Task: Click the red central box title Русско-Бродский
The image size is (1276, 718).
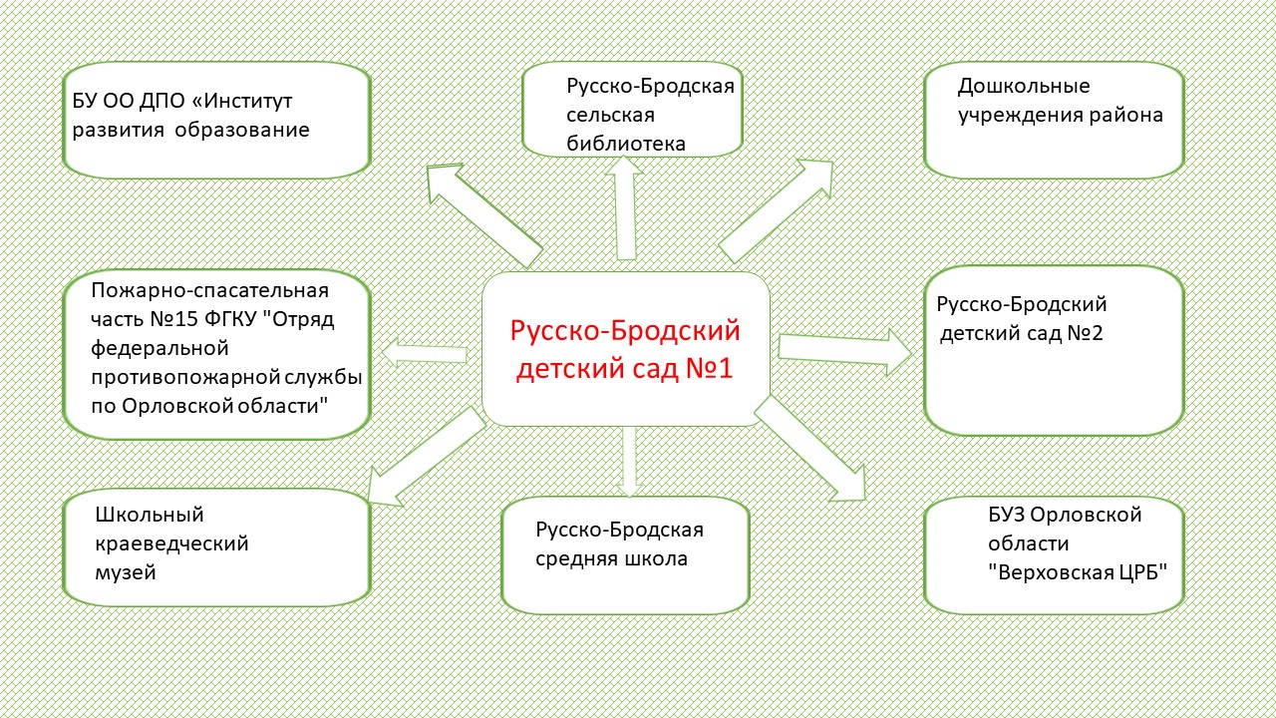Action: tap(625, 331)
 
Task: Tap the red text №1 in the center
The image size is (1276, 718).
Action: tap(709, 368)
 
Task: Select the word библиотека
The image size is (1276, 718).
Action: tap(625, 143)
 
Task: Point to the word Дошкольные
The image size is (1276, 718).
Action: tap(1024, 86)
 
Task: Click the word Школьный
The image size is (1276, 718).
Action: tap(150, 515)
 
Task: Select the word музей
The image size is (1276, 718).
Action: tap(126, 572)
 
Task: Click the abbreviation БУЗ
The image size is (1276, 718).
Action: tap(1007, 515)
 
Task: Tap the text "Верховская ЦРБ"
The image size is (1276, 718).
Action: tap(1078, 572)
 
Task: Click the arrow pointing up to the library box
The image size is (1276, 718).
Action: tap(625, 208)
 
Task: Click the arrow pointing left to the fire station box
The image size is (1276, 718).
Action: tap(425, 353)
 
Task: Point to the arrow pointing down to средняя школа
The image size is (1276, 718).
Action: tap(629, 462)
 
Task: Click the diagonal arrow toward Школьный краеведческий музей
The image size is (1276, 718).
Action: tap(427, 457)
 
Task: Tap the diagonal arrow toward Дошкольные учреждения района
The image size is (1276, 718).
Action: tap(776, 210)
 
